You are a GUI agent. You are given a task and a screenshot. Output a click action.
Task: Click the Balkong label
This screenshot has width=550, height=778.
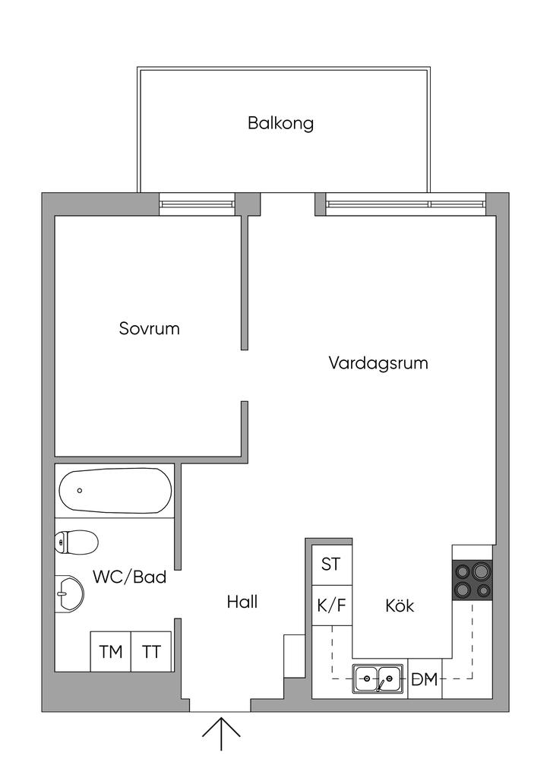tap(280, 123)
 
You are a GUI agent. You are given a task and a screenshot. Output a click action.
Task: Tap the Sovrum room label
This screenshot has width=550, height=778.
tap(150, 329)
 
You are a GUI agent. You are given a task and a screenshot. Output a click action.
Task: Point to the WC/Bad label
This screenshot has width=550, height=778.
tap(129, 577)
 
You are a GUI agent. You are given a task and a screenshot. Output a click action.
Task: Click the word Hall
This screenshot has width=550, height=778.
tap(242, 602)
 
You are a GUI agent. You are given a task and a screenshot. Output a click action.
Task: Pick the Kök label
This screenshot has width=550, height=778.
tap(400, 606)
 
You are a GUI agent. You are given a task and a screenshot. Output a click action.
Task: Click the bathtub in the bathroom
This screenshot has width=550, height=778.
tap(115, 490)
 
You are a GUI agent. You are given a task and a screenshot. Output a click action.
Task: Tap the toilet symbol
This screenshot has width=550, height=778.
tap(76, 542)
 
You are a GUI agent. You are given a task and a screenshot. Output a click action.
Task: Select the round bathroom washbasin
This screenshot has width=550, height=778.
tap(70, 593)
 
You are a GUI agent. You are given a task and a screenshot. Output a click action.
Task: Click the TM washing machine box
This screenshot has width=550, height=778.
tap(111, 652)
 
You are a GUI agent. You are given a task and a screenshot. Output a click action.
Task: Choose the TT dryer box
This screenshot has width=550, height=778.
tap(152, 652)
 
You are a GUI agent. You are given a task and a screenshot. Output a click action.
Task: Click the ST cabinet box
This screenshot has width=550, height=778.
tap(332, 565)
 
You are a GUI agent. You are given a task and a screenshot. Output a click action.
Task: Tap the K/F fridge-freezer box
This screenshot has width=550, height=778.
tap(332, 606)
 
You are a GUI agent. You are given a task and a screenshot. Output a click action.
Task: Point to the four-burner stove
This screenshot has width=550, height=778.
tap(472, 580)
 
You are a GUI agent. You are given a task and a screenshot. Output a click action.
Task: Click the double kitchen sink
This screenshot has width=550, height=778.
tap(378, 678)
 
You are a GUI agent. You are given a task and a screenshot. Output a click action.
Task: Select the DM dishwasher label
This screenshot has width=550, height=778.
tap(425, 679)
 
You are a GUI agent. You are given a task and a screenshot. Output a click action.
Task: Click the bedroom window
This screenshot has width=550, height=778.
tap(197, 204)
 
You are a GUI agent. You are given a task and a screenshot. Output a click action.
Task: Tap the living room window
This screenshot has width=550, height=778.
tap(405, 204)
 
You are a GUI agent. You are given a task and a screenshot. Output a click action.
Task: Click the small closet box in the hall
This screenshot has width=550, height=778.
tap(293, 655)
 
